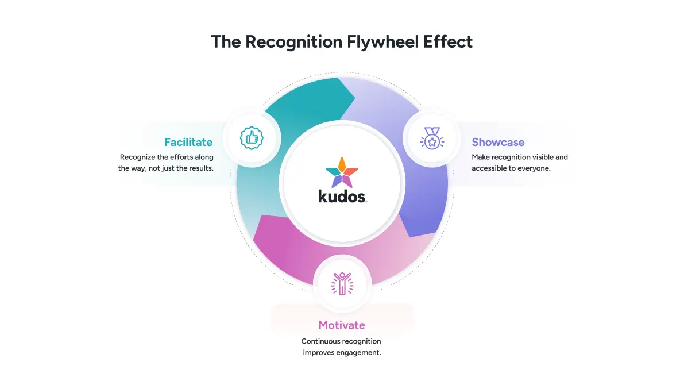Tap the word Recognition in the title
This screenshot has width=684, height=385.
click(293, 43)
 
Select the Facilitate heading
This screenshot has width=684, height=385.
click(188, 142)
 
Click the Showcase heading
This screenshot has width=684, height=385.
click(498, 142)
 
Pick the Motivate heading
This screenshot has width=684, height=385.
click(342, 325)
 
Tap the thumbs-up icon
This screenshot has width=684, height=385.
click(252, 138)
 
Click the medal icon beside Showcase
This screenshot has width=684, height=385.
click(432, 138)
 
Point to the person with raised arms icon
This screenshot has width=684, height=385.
click(342, 284)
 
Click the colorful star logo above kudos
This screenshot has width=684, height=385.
click(342, 172)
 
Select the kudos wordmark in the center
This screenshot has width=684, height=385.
click(342, 197)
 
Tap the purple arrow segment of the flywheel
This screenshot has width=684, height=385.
click(419, 166)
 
